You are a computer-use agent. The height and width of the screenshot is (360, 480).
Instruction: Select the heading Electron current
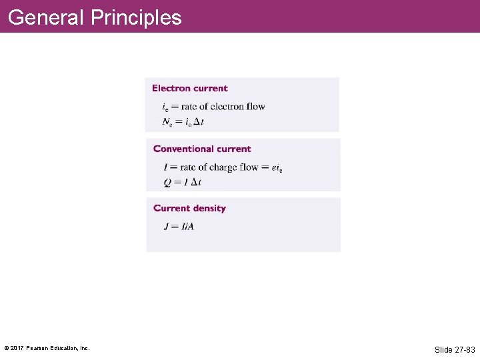tap(190, 88)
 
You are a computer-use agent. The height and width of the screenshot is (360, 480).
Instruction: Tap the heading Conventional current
tap(202, 149)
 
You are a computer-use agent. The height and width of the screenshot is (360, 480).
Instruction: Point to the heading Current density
tap(189, 208)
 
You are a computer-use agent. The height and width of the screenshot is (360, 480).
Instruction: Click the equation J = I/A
tap(179, 227)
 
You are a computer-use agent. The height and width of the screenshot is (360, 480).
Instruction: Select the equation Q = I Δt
tap(182, 182)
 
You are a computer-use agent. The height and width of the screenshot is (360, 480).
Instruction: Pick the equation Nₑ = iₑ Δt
tap(183, 122)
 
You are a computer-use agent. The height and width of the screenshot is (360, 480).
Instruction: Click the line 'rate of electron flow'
tap(223, 107)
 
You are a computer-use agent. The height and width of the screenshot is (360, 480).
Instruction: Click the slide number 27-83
tap(465, 349)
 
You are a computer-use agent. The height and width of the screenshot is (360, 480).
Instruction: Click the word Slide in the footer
tap(443, 349)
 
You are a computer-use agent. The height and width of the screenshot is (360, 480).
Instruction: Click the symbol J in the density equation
tap(167, 227)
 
